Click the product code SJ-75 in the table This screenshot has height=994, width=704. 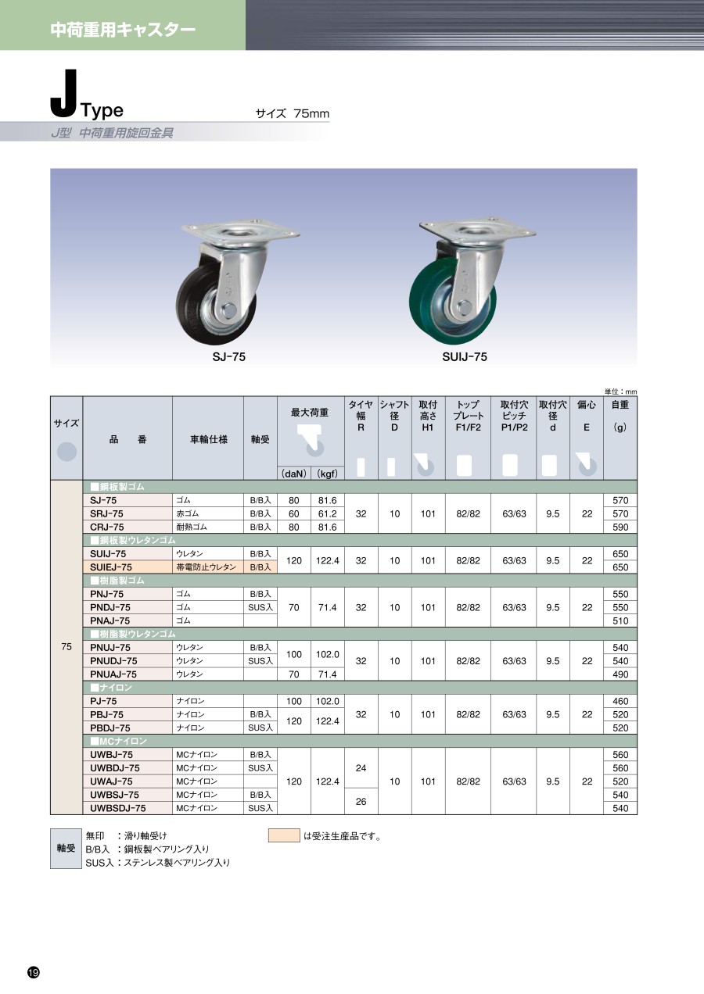103,500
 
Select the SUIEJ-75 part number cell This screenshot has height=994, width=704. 110,567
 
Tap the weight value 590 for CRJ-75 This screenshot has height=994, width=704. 620,527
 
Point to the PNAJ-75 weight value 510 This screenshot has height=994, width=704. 620,620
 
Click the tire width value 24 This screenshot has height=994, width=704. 361,767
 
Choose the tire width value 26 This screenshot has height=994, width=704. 361,802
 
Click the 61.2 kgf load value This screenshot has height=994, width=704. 327,514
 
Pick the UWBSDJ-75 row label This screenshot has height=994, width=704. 117,808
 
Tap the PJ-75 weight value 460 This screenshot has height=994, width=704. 620,701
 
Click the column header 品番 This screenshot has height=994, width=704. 128,439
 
